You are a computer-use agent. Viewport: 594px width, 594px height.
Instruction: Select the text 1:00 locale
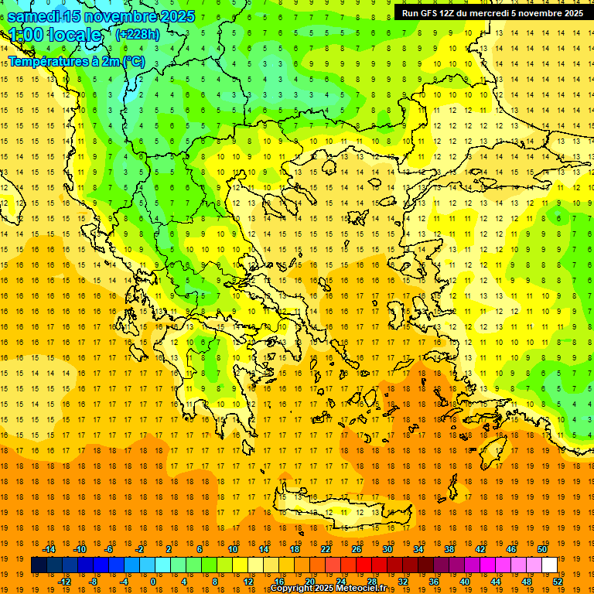55,35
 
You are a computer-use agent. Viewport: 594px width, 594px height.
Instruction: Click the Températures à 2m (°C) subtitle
76,61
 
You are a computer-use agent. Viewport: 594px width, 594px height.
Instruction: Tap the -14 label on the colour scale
50,549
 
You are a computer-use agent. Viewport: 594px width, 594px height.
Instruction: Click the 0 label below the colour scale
152,582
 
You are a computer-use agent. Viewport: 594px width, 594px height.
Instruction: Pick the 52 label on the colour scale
558,582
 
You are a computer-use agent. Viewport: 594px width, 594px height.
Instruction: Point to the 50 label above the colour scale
541,549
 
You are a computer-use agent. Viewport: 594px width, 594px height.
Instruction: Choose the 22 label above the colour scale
326,549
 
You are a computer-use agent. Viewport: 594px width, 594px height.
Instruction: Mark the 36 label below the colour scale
434,582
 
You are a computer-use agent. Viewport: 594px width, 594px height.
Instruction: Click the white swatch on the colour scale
549,565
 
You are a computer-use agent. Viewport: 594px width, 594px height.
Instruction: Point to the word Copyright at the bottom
294,589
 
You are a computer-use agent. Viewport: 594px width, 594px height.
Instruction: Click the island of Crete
333,510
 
